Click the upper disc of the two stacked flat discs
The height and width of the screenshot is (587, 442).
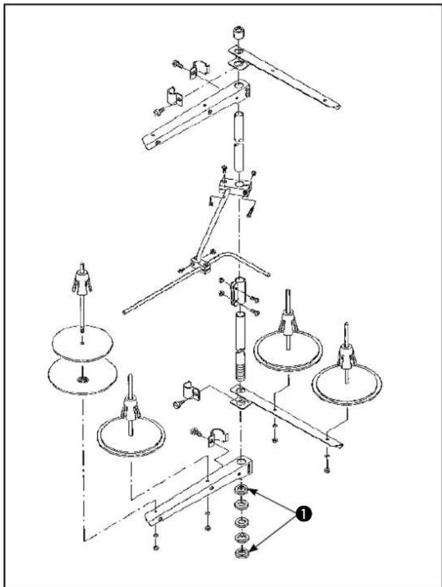point(82,343)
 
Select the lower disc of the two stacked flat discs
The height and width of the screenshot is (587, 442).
point(82,375)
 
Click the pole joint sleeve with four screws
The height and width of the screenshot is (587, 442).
point(239,291)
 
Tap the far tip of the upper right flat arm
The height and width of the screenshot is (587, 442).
point(338,107)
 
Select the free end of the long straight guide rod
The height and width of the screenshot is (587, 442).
point(125,311)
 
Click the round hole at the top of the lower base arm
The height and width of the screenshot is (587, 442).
point(241,460)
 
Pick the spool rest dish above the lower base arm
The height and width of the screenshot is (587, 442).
point(131,434)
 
